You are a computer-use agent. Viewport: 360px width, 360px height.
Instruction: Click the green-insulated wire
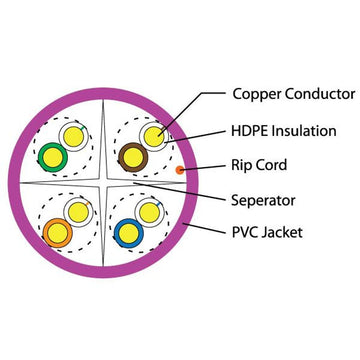(x=50, y=156)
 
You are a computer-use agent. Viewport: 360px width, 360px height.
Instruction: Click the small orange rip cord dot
(x=180, y=171)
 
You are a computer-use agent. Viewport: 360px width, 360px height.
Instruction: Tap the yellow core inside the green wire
(x=50, y=156)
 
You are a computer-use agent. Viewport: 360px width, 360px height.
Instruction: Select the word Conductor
(x=320, y=95)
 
